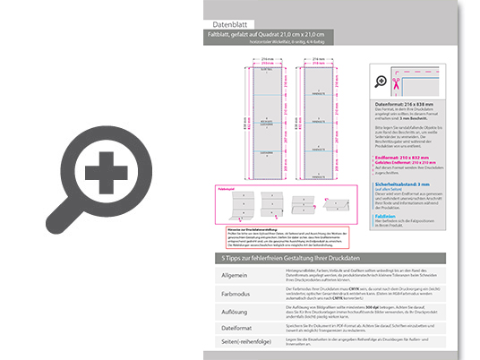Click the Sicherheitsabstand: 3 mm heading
click(x=411, y=184)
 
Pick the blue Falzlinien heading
click(x=387, y=216)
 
